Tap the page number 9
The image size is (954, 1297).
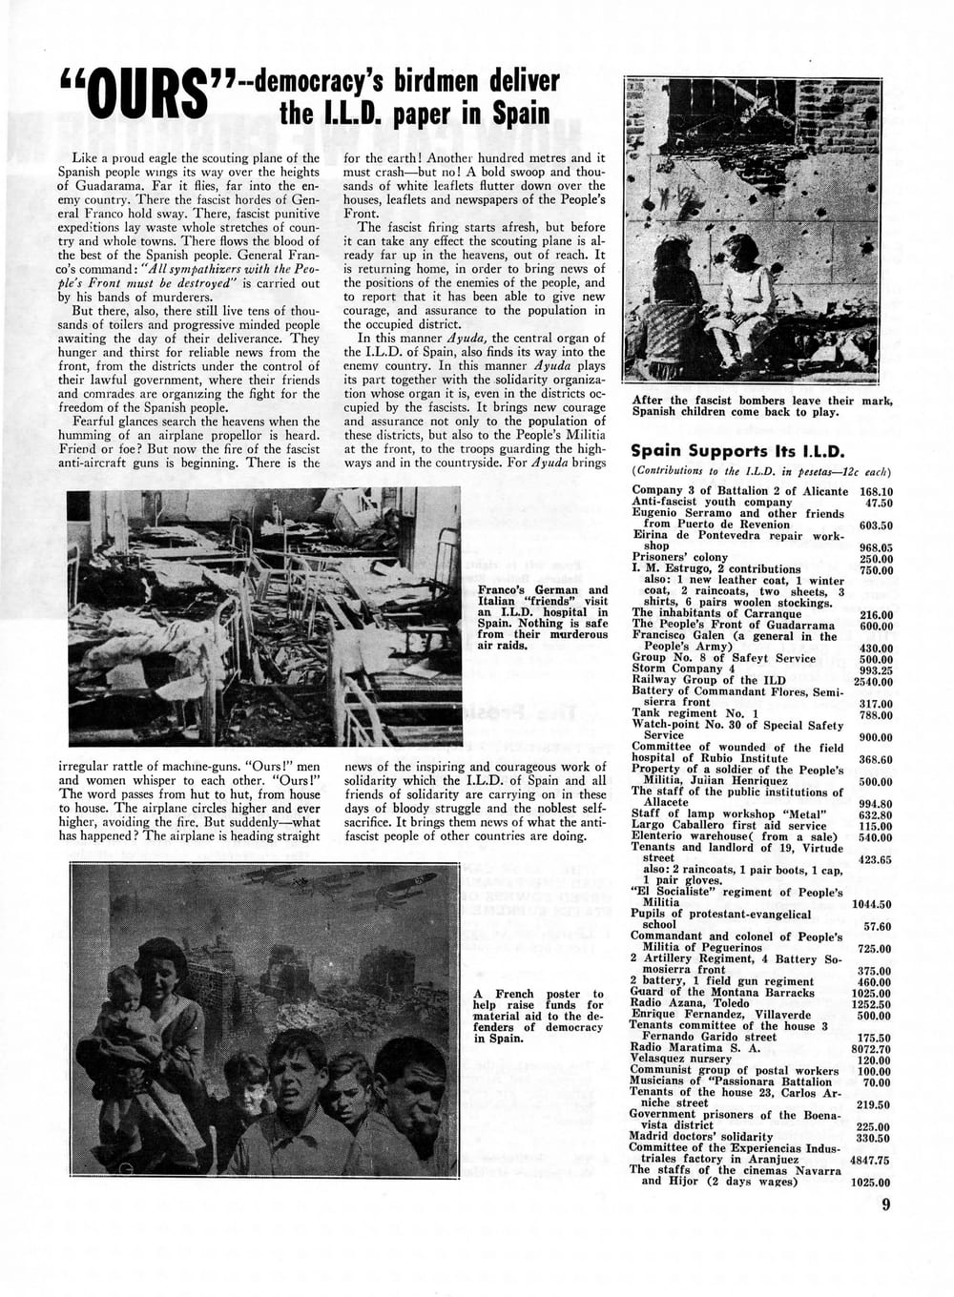point(886,1204)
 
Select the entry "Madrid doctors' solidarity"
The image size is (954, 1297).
point(700,1137)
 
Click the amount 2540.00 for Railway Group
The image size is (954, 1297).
point(873,680)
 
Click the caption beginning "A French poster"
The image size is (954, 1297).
point(538,1017)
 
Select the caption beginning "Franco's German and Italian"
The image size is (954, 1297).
point(542,617)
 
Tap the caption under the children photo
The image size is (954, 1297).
point(761,405)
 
